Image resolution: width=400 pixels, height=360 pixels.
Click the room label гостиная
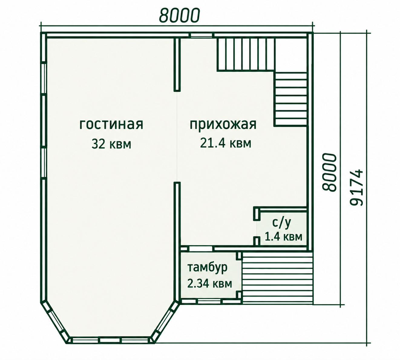(x=111, y=125)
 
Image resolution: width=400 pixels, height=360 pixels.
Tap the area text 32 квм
(x=111, y=144)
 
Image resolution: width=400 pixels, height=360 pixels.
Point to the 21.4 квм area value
(x=225, y=143)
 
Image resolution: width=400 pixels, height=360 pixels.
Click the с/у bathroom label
(x=282, y=223)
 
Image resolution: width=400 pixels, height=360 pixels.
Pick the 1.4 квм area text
(x=283, y=237)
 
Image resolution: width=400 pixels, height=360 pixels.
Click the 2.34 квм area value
(x=210, y=283)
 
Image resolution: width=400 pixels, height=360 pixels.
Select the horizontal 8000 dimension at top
(x=179, y=15)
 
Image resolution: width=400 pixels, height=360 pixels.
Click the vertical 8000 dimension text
(x=329, y=172)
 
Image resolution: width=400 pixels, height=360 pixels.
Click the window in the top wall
(x=202, y=35)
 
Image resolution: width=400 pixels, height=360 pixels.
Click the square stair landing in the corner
(x=291, y=55)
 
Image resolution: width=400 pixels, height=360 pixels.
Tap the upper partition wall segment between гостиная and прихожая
(x=177, y=64)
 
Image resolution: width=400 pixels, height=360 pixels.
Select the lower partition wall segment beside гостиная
(x=177, y=240)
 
